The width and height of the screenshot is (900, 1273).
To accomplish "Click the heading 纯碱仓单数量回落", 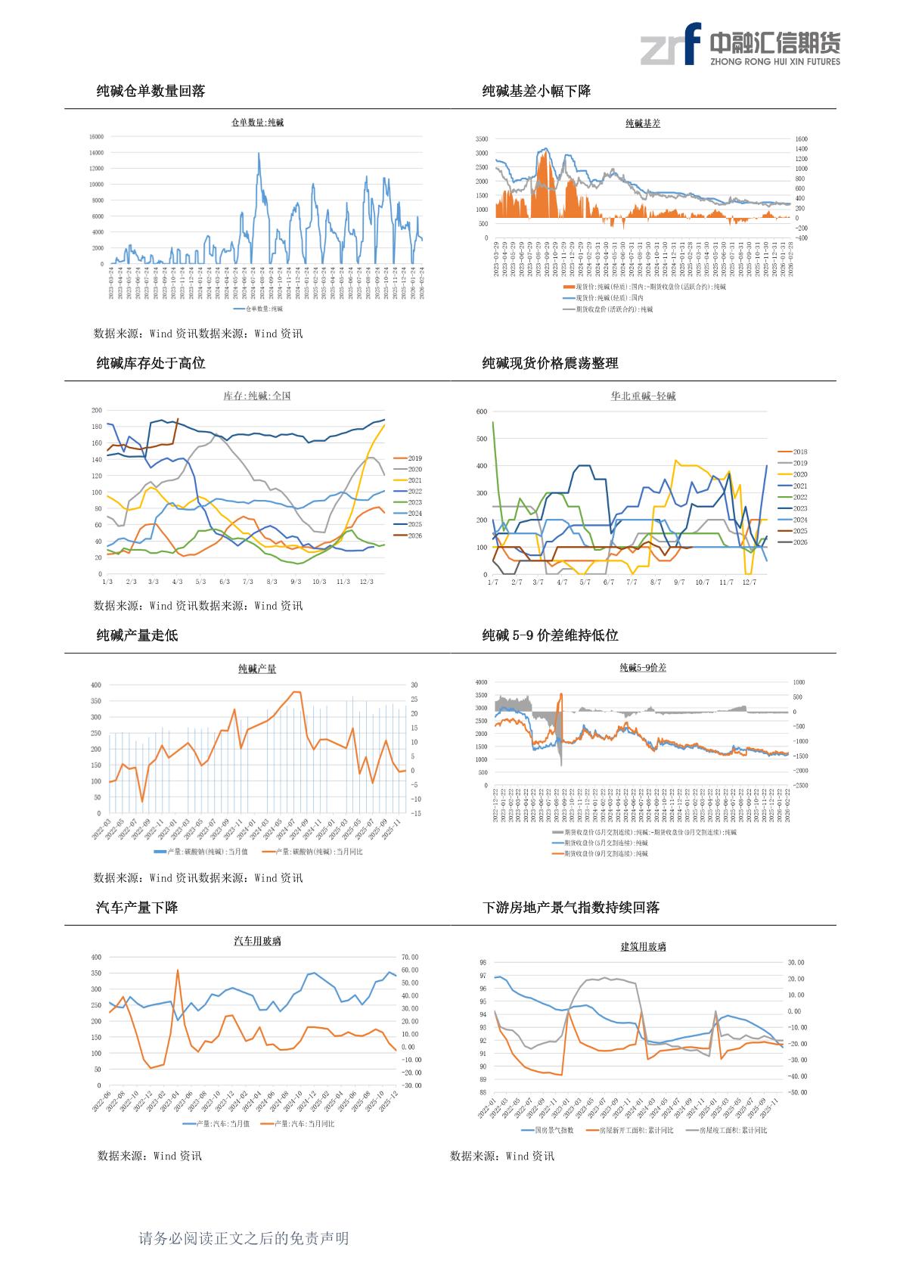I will pos(151,92).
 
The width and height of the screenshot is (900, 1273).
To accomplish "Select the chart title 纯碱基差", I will pos(642,123).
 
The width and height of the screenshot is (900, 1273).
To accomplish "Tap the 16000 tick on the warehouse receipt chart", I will pos(96,137).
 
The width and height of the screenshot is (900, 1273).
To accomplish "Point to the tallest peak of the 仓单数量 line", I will pos(259,154).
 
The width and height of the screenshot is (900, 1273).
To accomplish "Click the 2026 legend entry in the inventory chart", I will pos(414,536).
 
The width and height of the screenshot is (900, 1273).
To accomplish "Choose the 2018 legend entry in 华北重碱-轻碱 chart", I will pos(799,452).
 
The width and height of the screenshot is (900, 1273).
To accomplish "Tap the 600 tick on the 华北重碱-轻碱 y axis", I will pos(482,411).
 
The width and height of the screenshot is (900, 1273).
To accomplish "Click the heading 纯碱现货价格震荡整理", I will pos(550,364).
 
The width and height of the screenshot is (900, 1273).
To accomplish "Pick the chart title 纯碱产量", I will pos(257,669).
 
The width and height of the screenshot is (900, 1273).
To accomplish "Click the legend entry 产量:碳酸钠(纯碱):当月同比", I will pos(318,852).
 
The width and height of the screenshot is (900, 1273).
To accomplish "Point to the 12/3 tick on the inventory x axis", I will pos(367,582).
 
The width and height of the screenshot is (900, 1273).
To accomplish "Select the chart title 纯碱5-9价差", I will pos(642,668).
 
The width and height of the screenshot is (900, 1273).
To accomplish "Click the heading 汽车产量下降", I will pos(137,908).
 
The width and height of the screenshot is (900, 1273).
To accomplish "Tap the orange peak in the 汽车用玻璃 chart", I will pos(178,970).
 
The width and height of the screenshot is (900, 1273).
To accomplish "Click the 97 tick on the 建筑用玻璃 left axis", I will pos(483,976).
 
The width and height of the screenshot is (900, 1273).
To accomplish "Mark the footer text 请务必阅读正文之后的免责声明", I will pos(244,1238).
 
